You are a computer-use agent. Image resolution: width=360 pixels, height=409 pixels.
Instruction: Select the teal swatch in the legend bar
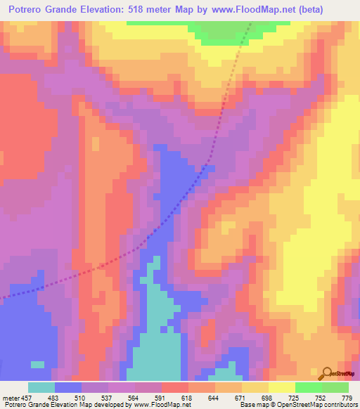[x=41, y=387]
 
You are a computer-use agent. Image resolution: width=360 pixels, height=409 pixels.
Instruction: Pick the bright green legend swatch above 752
[x=309, y=387]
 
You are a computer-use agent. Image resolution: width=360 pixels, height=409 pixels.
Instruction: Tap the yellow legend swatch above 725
[x=282, y=387]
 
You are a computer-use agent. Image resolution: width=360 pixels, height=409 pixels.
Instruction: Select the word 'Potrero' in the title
[x=26, y=11]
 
